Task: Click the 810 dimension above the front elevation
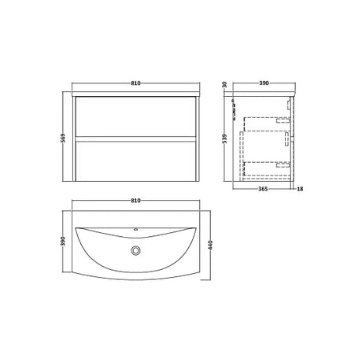(x=135, y=83)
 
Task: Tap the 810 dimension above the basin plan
(x=135, y=201)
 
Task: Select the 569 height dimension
(x=63, y=139)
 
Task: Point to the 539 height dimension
(x=224, y=139)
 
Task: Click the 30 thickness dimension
(x=224, y=84)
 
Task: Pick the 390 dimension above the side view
(x=264, y=83)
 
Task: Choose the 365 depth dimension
(x=263, y=189)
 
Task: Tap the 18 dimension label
(x=301, y=189)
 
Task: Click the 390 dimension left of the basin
(x=63, y=241)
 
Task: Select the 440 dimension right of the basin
(x=211, y=245)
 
